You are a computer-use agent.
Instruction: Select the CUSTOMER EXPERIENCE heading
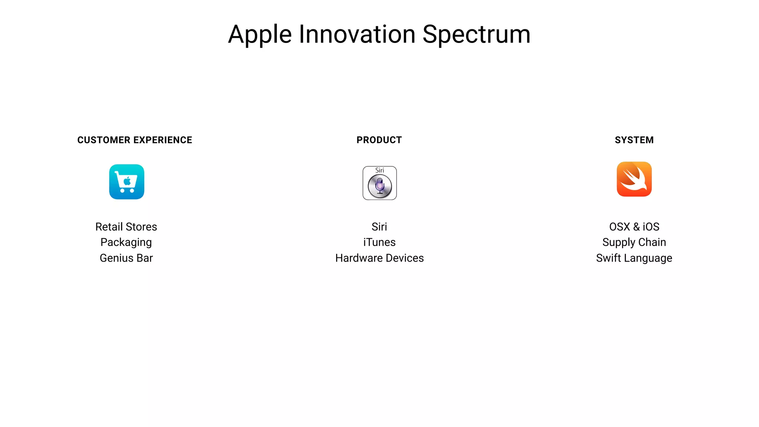(135, 140)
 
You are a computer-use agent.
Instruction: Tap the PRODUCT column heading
(379, 140)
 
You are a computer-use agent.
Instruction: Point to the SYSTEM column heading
(634, 140)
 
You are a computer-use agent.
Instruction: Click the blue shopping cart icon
(127, 182)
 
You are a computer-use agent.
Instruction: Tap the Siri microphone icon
(379, 186)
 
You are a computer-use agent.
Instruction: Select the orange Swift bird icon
(634, 179)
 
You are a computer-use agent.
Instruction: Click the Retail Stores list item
(126, 226)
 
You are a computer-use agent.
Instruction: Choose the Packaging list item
(126, 242)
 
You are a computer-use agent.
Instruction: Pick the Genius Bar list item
(126, 258)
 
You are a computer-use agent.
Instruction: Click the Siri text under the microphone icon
(379, 226)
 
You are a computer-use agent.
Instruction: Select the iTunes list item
(379, 242)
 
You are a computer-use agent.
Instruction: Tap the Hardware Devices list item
(379, 258)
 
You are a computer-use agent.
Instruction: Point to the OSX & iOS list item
(634, 226)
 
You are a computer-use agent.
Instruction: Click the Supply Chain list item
(634, 242)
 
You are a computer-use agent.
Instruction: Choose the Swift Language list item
(634, 258)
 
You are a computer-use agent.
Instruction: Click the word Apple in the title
(260, 35)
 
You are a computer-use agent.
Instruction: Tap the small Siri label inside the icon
(379, 171)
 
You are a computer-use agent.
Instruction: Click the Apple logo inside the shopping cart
(127, 181)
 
